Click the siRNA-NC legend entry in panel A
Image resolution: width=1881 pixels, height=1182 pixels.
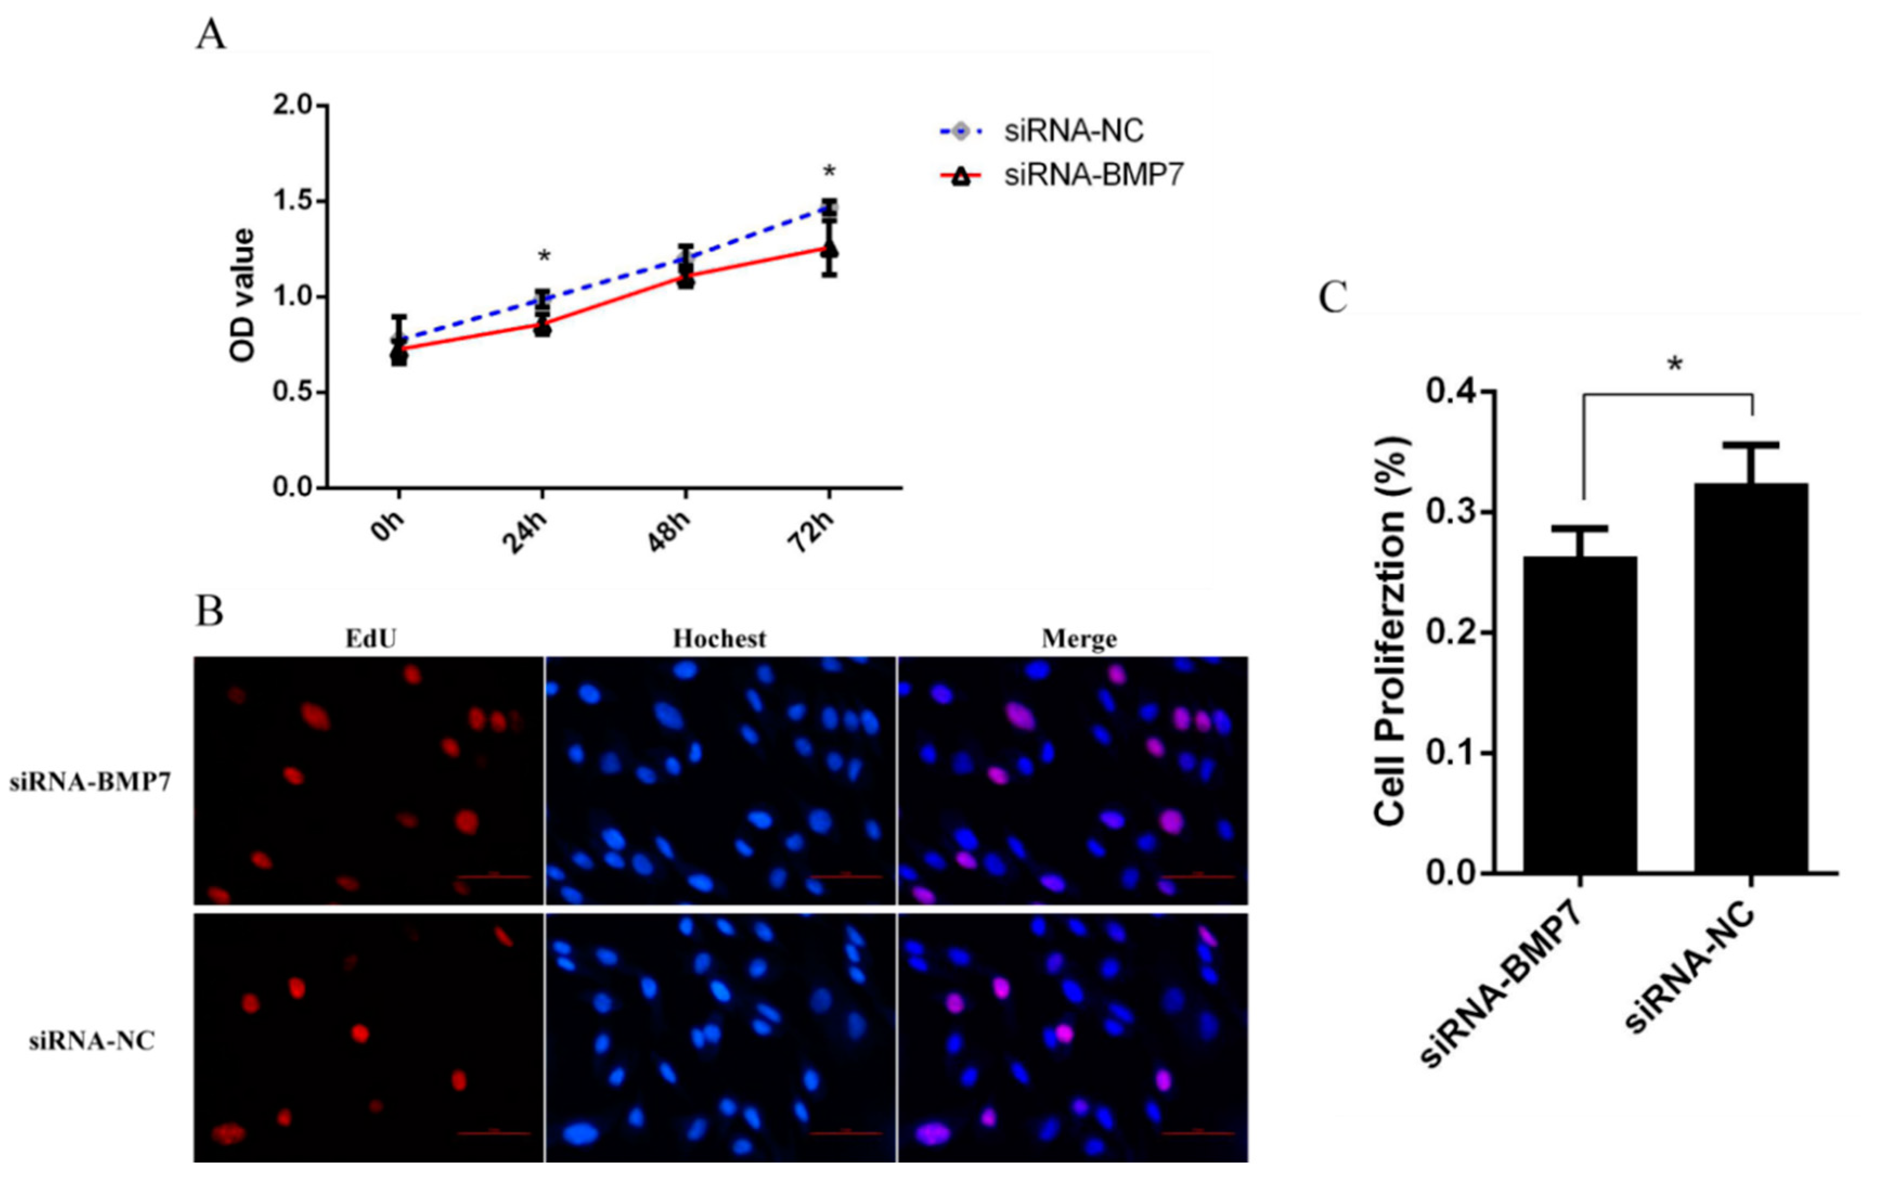1073,131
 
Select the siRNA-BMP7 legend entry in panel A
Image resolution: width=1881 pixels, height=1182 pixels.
1092,175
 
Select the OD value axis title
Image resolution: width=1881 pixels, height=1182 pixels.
243,295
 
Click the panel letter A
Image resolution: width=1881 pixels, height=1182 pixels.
210,35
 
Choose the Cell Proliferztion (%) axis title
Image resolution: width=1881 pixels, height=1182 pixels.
1391,631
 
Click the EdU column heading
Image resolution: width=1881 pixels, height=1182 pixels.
371,638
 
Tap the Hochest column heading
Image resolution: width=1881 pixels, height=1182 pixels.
719,638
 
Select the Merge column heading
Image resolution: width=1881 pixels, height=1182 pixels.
1079,638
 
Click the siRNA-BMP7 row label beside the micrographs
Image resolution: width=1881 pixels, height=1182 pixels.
90,782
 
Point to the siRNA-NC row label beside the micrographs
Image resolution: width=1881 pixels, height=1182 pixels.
92,1041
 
